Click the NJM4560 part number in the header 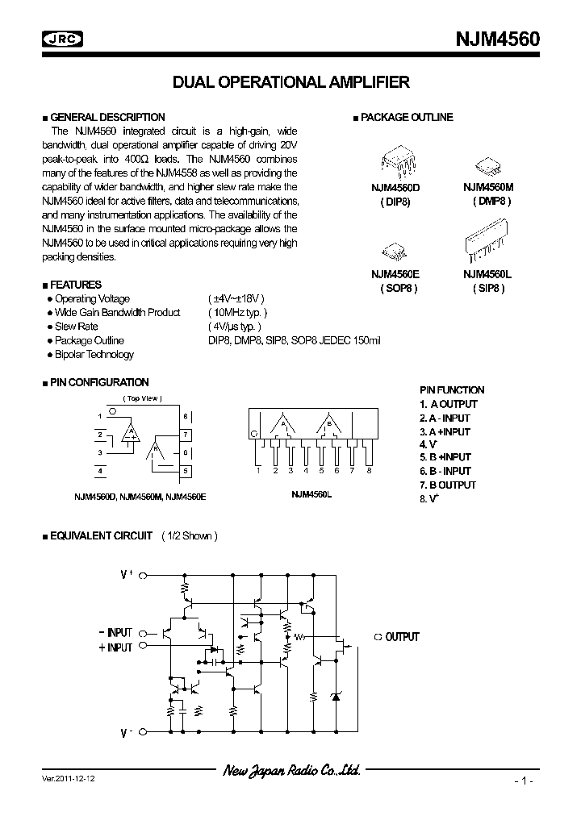coord(500,39)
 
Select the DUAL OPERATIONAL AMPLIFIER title coord(291,82)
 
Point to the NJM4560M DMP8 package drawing coord(487,165)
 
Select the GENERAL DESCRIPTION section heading coord(107,118)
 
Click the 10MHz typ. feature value coord(237,313)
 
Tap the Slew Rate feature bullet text coord(76,327)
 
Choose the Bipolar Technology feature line coord(94,355)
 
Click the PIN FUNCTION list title coord(452,390)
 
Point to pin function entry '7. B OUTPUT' coord(448,485)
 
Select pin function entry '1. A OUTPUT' coord(449,404)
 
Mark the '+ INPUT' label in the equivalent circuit coord(115,647)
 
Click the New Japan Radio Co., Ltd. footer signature coord(291,772)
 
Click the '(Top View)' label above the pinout coord(142,398)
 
